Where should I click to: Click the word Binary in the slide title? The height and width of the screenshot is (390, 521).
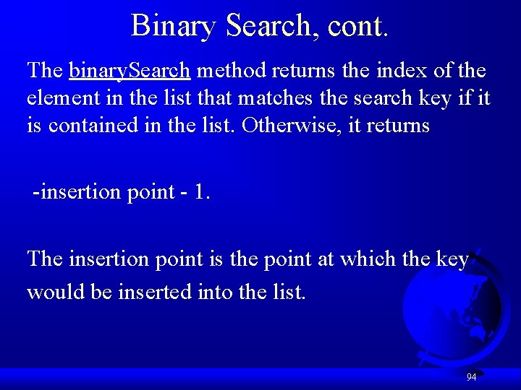coord(173,26)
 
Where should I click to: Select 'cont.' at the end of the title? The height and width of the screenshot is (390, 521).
coord(358,26)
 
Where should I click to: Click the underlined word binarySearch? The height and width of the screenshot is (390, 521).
coord(130,71)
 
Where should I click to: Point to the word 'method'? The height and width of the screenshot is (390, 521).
coord(230,71)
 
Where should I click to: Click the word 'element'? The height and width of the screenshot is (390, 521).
coord(62,98)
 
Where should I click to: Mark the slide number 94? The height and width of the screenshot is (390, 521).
coord(471,377)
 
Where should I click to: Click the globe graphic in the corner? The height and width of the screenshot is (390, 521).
coord(452,311)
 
